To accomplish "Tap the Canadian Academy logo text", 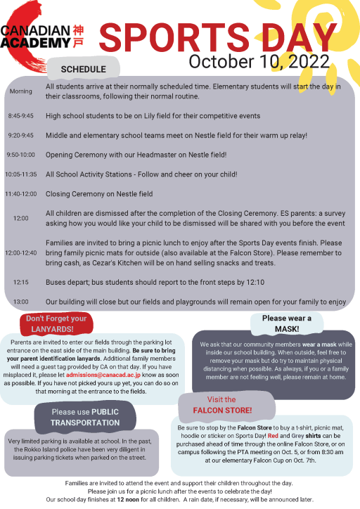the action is (35, 37).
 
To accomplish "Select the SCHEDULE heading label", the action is (83, 69).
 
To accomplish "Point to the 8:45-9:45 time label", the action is (20, 115).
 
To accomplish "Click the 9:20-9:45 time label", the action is (20, 134).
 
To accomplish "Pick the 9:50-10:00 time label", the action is (20, 154).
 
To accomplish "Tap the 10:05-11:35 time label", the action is (20, 174).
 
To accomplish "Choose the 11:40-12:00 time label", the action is (20, 193).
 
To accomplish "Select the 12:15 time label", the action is (20, 282).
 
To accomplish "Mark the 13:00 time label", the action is (20, 302).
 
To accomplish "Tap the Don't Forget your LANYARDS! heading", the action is (56, 323).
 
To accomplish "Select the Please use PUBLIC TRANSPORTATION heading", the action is (85, 417).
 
